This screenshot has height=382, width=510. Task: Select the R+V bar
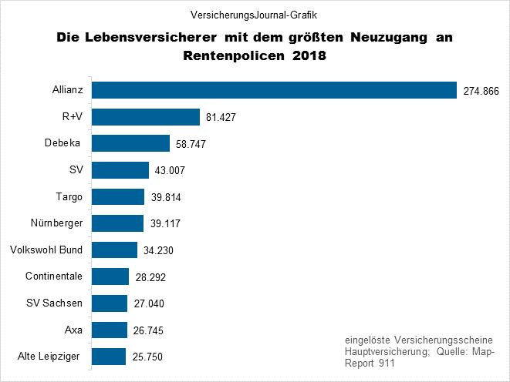[x=146, y=117]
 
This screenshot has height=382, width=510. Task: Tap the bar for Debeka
[x=130, y=143]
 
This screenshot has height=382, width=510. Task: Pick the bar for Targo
[x=118, y=196]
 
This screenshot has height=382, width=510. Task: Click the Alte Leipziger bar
[x=109, y=356]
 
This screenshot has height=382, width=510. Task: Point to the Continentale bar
[x=110, y=276]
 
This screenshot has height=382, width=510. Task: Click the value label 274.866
[x=482, y=92]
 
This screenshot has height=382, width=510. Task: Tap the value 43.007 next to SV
[x=171, y=171]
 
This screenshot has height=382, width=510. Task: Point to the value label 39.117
[x=164, y=224]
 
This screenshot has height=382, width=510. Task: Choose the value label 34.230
[x=159, y=250]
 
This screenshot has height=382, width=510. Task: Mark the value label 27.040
[x=148, y=303]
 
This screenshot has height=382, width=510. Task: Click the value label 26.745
[x=148, y=330]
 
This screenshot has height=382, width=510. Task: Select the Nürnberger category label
[x=55, y=223]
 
